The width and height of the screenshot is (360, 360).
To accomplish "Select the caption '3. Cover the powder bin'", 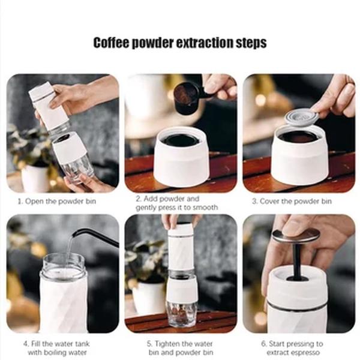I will tap(295, 201).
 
